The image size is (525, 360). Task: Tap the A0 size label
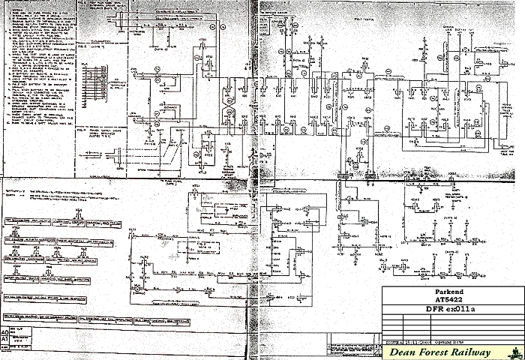pos(6,331)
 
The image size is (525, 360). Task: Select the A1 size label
pos(6,339)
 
